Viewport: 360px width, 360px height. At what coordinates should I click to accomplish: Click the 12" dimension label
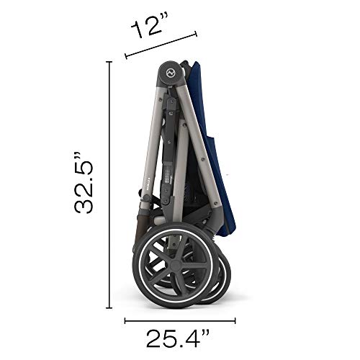[x=149, y=24]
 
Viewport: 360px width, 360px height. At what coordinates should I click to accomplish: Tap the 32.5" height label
[x=84, y=183]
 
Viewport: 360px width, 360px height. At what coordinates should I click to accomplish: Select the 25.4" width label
[x=178, y=338]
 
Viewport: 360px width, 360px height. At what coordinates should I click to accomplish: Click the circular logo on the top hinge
[x=171, y=73]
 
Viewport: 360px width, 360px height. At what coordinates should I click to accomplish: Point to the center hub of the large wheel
[x=176, y=265]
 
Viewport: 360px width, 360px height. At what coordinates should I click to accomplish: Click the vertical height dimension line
[x=109, y=185]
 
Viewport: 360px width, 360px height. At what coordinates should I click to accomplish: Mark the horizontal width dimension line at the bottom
[x=180, y=320]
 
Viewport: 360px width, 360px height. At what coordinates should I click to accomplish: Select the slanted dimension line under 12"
[x=161, y=45]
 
